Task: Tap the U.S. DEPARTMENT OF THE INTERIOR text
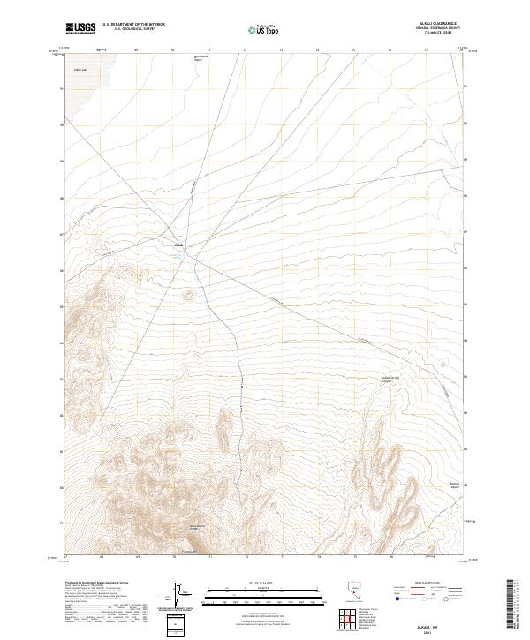point(134,25)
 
